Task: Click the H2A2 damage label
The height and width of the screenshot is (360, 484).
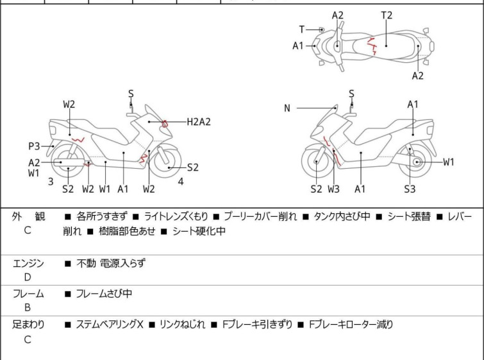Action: [199, 121]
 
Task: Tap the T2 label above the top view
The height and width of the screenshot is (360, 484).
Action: [387, 15]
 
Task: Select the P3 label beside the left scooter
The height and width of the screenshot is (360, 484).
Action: [34, 146]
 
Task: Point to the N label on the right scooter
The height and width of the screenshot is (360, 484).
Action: [287, 108]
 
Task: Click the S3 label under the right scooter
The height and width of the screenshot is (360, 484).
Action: [410, 189]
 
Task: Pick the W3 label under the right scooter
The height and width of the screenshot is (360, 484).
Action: [334, 189]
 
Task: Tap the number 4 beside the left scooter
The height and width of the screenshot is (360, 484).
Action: [181, 182]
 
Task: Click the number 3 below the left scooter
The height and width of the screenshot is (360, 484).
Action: [51, 182]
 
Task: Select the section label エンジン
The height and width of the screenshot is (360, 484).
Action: [29, 263]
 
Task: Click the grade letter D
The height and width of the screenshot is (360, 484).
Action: [28, 277]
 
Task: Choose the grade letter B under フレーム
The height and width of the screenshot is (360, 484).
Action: [28, 307]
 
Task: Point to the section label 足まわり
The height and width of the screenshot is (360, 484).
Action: [29, 325]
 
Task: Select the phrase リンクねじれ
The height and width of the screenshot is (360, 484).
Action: [183, 325]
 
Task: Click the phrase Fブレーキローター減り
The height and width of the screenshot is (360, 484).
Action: [351, 325]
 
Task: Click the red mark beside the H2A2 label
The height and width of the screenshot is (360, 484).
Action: [165, 123]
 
